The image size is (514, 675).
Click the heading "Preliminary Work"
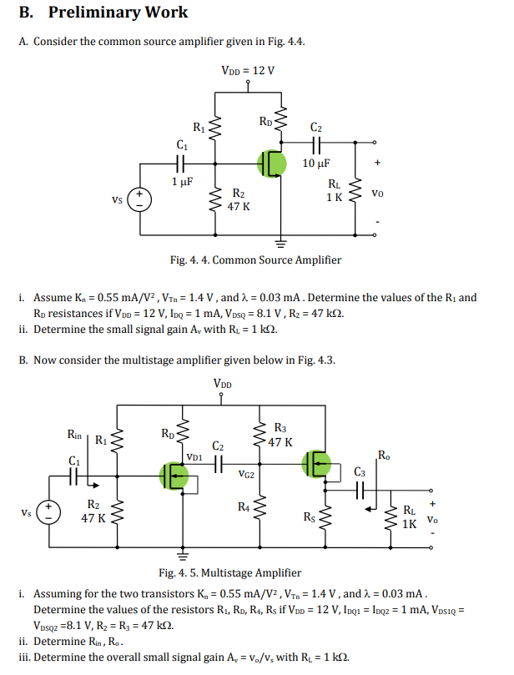[118, 13]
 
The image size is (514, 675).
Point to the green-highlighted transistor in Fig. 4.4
[271, 163]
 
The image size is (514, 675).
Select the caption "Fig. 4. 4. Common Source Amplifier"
[255, 259]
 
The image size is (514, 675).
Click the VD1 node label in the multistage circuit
[194, 457]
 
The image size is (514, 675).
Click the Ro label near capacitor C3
[383, 455]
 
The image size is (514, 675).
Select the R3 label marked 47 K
[280, 436]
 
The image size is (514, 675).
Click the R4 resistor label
[243, 506]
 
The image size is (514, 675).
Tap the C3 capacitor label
[360, 473]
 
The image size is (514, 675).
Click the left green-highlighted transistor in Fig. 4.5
[174, 476]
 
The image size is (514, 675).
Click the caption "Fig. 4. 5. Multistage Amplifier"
[229, 573]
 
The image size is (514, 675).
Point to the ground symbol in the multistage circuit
[181, 555]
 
